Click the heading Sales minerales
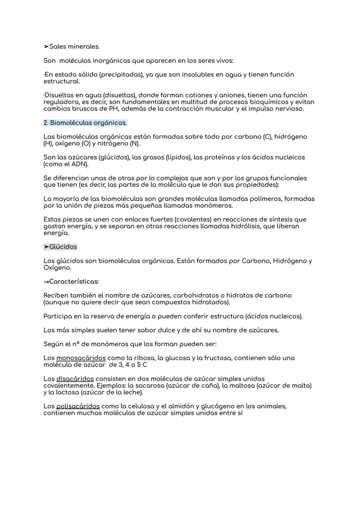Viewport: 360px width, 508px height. tap(74, 47)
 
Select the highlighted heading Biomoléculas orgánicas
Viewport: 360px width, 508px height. tap(85, 123)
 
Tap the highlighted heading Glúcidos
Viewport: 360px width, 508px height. tap(63, 247)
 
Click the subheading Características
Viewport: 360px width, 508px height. tap(74, 282)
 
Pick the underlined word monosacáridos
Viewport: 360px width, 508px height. tap(81, 358)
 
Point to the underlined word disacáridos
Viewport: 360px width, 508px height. tap(75, 379)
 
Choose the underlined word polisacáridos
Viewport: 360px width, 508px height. tap(78, 406)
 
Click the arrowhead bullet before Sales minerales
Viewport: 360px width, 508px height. tap(46, 47)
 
